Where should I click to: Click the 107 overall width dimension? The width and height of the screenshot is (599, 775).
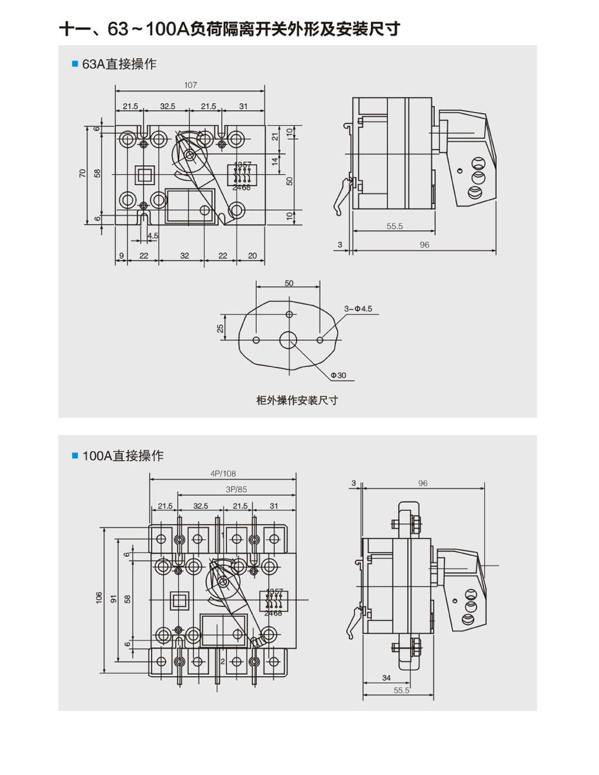tap(190, 85)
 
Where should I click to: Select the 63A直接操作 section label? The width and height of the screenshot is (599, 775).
tap(119, 64)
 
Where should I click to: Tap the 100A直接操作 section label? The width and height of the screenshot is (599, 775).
tap(123, 456)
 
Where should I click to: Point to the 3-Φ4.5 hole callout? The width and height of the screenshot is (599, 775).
tap(358, 309)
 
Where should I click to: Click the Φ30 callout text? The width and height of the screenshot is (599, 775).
tap(338, 375)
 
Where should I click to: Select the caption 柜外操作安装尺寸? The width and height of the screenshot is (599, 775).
tap(297, 400)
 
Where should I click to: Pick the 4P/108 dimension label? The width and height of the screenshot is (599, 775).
tap(223, 473)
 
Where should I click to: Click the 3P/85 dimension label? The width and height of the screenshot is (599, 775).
tap(236, 490)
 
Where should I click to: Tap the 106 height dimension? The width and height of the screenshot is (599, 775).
tap(99, 598)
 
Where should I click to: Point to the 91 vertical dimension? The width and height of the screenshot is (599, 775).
tap(113, 599)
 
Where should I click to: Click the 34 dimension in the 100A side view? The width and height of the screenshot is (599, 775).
tap(387, 677)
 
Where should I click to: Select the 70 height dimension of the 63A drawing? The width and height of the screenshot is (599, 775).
tap(83, 174)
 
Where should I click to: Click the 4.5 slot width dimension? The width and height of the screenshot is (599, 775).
tap(153, 236)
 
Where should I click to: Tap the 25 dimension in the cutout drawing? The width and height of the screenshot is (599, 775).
tap(220, 329)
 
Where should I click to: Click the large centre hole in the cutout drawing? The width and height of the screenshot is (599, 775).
tap(288, 340)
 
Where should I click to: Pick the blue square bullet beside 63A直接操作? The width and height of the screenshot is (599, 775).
tap(75, 64)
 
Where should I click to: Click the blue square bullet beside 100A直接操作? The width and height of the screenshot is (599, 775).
tap(75, 456)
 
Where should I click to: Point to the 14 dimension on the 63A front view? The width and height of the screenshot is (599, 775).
tap(275, 161)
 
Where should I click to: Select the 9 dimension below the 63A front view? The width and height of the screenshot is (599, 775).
tap(121, 256)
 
